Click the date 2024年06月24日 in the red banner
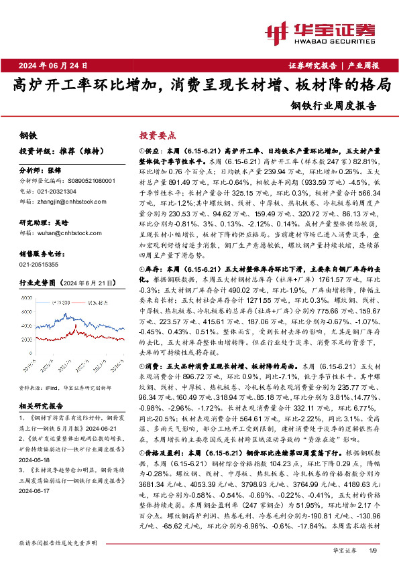pyautogui.click(x=50, y=66)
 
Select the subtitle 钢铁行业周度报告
pyautogui.click(x=334, y=105)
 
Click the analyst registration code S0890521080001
pyautogui.click(x=87, y=181)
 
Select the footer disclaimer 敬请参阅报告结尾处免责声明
pyautogui.click(x=58, y=542)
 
